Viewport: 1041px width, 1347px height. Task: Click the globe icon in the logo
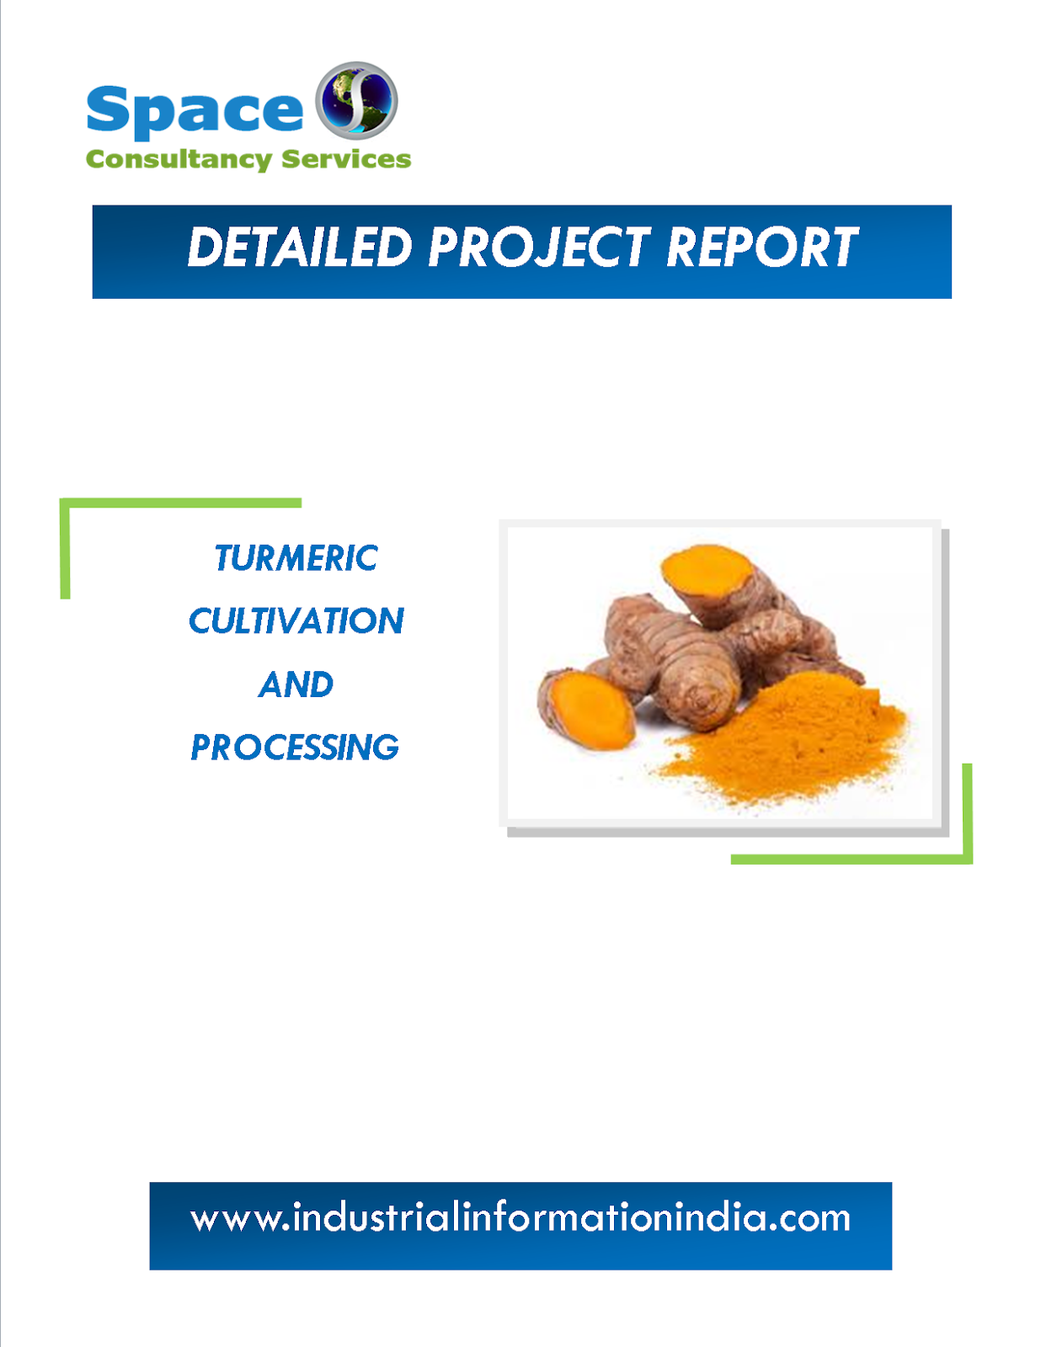356,100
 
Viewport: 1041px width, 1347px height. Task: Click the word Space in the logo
195,110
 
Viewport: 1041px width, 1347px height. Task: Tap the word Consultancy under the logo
179,159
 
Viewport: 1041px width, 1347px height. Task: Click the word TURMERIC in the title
296,558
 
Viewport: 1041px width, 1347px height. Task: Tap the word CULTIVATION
296,621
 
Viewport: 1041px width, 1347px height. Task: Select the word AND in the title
296,684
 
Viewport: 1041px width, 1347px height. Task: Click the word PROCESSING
295,748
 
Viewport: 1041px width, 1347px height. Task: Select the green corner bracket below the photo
851,859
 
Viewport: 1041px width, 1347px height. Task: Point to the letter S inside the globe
355,100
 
